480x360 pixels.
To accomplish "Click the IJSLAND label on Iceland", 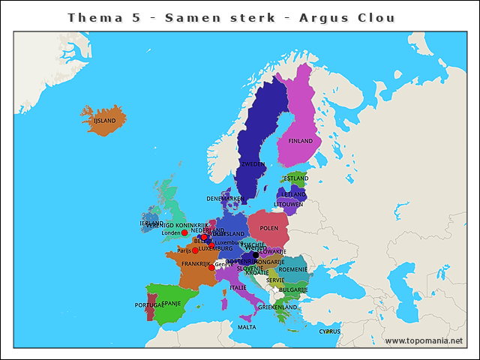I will [x=104, y=120].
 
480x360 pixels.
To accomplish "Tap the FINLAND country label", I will [x=301, y=141].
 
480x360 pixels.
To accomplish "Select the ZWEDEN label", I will [x=253, y=163].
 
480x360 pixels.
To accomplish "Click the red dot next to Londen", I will [x=184, y=232].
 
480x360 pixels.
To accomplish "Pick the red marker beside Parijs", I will [x=195, y=250].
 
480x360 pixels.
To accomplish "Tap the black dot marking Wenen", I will [x=256, y=254].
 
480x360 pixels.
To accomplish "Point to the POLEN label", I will [x=268, y=228].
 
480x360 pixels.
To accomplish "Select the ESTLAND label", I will [x=295, y=178].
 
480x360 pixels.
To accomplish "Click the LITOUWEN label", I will [x=288, y=204].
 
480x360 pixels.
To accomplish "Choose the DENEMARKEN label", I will [x=226, y=199].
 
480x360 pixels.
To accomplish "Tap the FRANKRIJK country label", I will [x=194, y=264].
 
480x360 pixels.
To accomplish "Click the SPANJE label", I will [x=172, y=304].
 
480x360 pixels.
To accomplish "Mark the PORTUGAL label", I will [x=150, y=305].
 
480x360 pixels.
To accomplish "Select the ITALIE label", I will [x=238, y=287].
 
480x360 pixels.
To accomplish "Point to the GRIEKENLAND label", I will [x=277, y=307].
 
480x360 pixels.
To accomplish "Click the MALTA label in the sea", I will [x=247, y=327].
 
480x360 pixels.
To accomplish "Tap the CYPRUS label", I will [x=329, y=331].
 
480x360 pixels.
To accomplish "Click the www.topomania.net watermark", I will [x=424, y=341].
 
